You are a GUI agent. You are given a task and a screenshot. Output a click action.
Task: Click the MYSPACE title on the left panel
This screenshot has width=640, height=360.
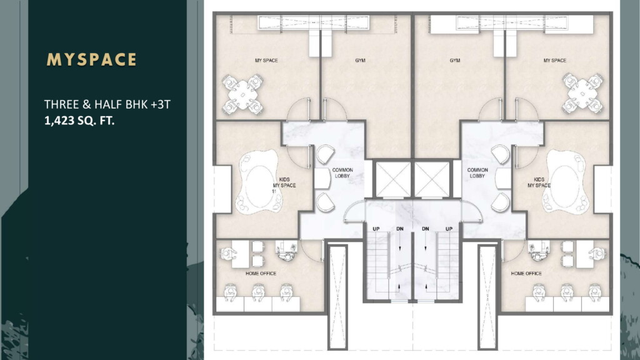[91, 59]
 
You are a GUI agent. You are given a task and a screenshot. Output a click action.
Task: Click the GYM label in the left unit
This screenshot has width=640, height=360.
[359, 61]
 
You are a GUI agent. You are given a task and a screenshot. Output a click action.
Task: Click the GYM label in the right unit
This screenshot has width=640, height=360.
[454, 61]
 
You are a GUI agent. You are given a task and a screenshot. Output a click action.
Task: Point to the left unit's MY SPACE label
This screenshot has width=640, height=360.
[266, 61]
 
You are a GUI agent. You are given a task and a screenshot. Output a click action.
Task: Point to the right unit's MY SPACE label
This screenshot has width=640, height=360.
[554, 61]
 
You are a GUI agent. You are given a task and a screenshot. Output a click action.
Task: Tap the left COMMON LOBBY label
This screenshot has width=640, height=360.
[342, 173]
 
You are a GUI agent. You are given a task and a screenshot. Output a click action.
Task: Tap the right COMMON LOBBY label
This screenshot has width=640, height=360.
[477, 173]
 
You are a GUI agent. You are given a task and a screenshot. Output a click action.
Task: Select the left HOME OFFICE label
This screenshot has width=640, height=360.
[261, 273]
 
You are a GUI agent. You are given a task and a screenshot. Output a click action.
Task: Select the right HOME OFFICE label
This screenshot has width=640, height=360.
[526, 273]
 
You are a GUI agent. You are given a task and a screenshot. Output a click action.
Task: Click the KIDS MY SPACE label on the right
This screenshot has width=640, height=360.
[539, 182]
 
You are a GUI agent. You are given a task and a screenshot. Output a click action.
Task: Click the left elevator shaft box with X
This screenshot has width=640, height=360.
[391, 179]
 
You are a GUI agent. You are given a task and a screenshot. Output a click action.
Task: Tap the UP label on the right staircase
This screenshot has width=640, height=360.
[448, 229]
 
